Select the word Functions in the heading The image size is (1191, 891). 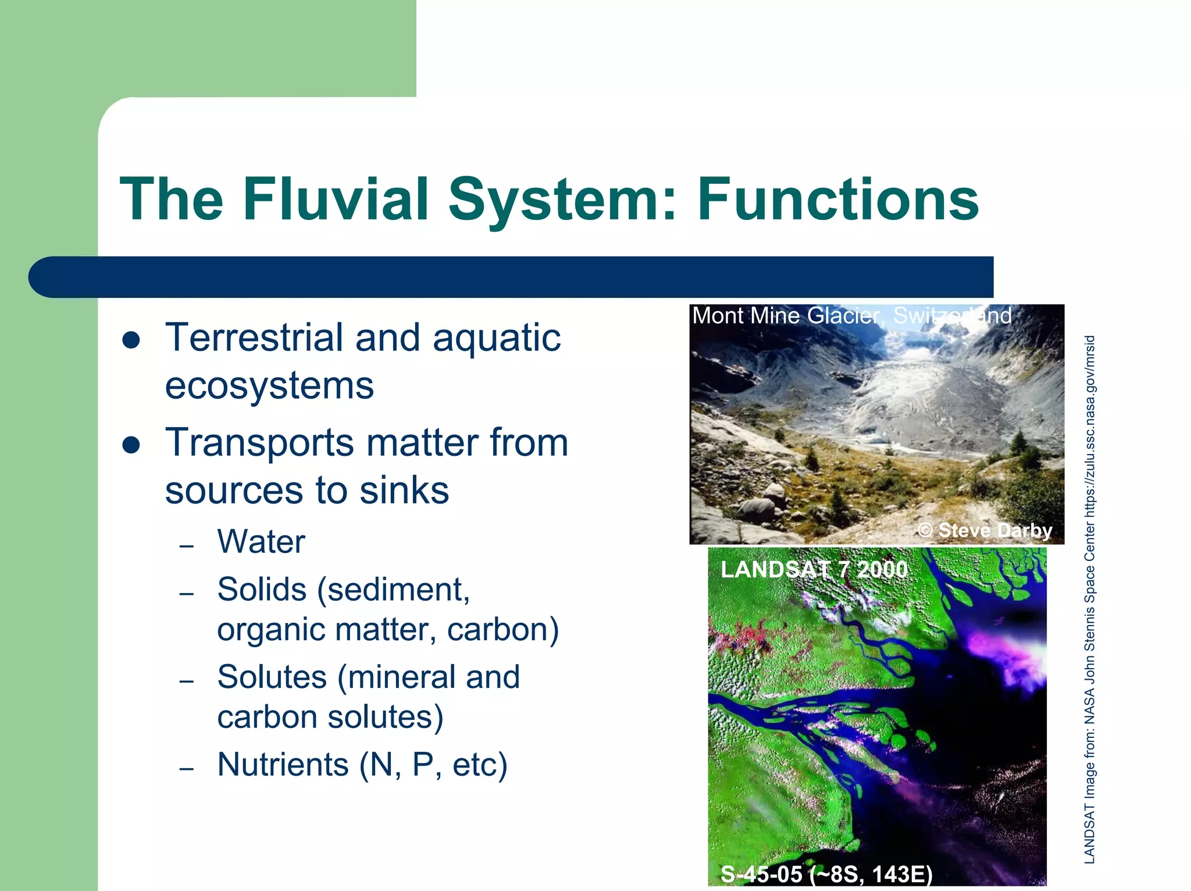pos(838,199)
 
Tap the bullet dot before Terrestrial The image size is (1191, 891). pos(131,340)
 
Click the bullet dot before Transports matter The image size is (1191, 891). pos(131,445)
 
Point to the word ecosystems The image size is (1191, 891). pos(269,386)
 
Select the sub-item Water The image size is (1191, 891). pos(261,541)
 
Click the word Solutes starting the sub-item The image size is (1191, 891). pos(272,677)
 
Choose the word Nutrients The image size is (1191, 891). pos(283,764)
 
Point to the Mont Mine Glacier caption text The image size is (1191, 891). pos(851,316)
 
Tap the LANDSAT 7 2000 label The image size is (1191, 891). pos(814,569)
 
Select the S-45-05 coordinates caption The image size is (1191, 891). pos(826,874)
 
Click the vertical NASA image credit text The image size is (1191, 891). pos(1089,599)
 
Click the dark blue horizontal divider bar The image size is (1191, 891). pos(512,277)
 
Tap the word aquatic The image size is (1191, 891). pos(497,339)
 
